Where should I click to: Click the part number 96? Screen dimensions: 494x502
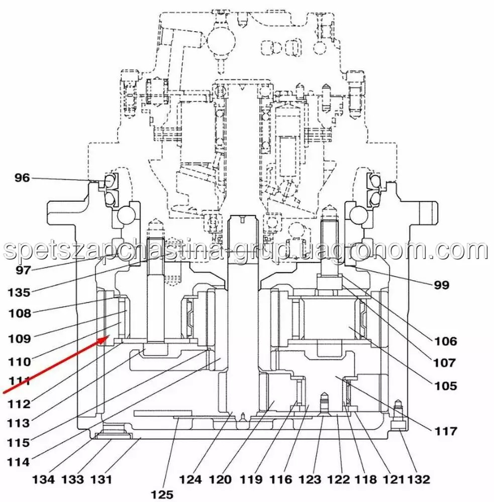(x=22, y=178)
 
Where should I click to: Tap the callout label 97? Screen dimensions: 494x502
(x=23, y=270)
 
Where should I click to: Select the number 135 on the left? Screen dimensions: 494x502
(x=19, y=292)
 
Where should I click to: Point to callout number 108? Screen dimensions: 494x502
(x=20, y=313)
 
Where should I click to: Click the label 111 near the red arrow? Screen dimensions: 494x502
(x=20, y=381)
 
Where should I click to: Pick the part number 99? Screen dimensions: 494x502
(x=441, y=285)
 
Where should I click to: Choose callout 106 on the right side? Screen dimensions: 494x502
(x=445, y=341)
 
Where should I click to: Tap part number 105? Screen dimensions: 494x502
(x=445, y=386)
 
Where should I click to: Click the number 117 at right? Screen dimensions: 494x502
(x=445, y=431)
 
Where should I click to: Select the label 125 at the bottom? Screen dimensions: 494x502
(x=162, y=494)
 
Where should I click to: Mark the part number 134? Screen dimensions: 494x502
(x=44, y=479)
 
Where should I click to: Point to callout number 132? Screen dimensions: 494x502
(x=418, y=479)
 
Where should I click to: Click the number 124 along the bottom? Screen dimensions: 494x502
(x=190, y=479)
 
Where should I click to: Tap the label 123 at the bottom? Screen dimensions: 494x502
(x=310, y=479)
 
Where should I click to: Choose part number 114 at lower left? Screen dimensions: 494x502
(x=18, y=462)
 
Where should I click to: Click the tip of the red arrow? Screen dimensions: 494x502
(x=110, y=335)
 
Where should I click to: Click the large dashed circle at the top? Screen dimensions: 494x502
(x=221, y=41)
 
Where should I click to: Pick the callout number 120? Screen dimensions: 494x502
(x=220, y=479)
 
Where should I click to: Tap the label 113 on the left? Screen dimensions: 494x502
(x=18, y=423)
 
